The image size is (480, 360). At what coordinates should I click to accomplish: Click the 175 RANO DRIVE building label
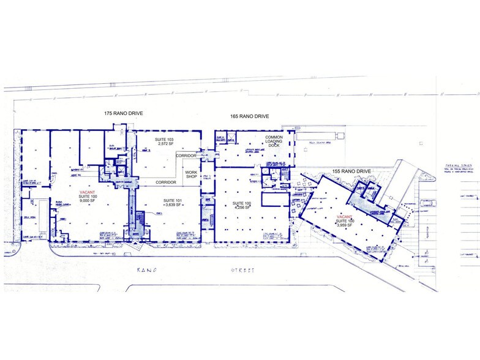tap(127, 114)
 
